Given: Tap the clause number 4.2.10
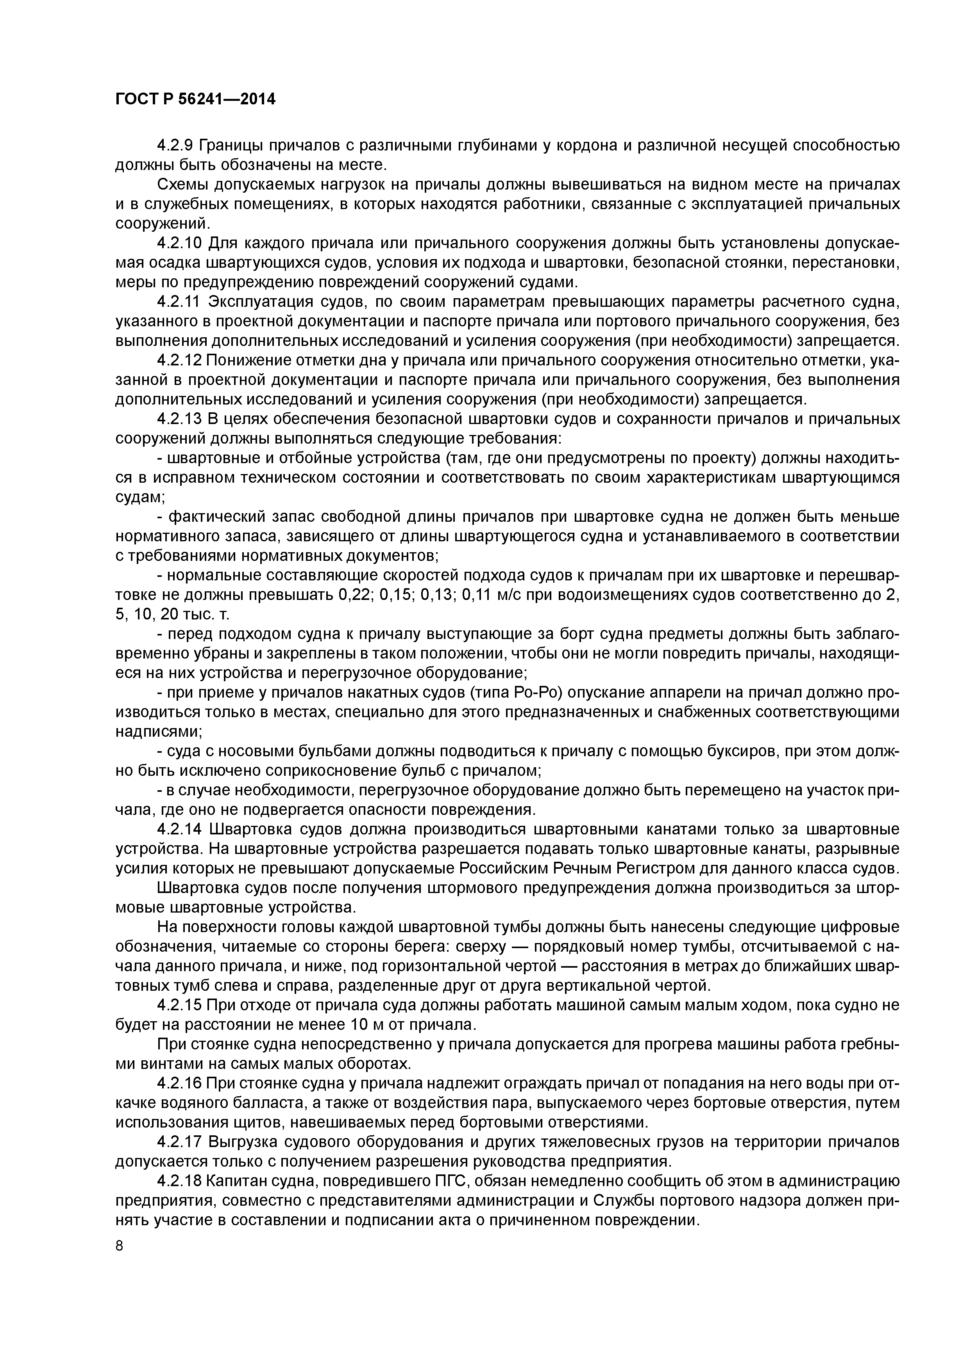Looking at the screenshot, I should pyautogui.click(x=180, y=243).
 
